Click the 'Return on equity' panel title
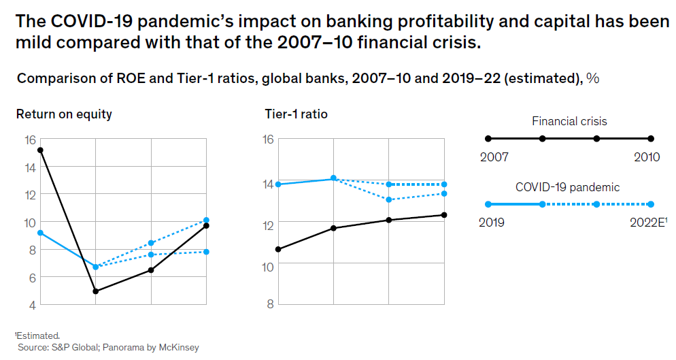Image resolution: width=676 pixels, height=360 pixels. [x=64, y=114]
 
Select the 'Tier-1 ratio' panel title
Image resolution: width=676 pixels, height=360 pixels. [x=296, y=114]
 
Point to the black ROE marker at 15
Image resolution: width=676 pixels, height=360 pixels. [x=40, y=150]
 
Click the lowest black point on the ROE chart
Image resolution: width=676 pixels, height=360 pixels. [x=95, y=291]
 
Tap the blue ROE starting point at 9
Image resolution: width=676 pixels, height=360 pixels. [x=40, y=233]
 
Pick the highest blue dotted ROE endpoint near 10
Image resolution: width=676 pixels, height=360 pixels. [x=206, y=220]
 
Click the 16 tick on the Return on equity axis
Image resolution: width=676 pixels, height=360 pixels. [x=29, y=140]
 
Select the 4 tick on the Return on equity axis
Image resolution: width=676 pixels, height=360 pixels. [x=32, y=304]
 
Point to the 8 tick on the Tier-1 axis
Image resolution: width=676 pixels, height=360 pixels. [x=270, y=304]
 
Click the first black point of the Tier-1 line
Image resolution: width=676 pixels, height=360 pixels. [x=277, y=249]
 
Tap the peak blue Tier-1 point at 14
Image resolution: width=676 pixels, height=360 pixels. [x=333, y=178]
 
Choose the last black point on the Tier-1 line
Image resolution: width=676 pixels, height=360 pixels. [x=444, y=215]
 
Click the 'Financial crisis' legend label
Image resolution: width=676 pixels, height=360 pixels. [x=569, y=122]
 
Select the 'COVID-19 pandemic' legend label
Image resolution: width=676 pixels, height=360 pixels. [x=568, y=187]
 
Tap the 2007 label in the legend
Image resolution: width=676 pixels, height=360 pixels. [x=494, y=157]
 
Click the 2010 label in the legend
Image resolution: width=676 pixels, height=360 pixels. [x=646, y=157]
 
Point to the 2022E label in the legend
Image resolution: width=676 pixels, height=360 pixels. [x=646, y=223]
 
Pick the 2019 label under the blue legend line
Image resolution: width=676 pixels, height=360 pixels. [x=492, y=223]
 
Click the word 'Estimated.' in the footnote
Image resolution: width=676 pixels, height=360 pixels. [x=39, y=336]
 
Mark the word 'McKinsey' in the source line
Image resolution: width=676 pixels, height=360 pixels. [x=178, y=348]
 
